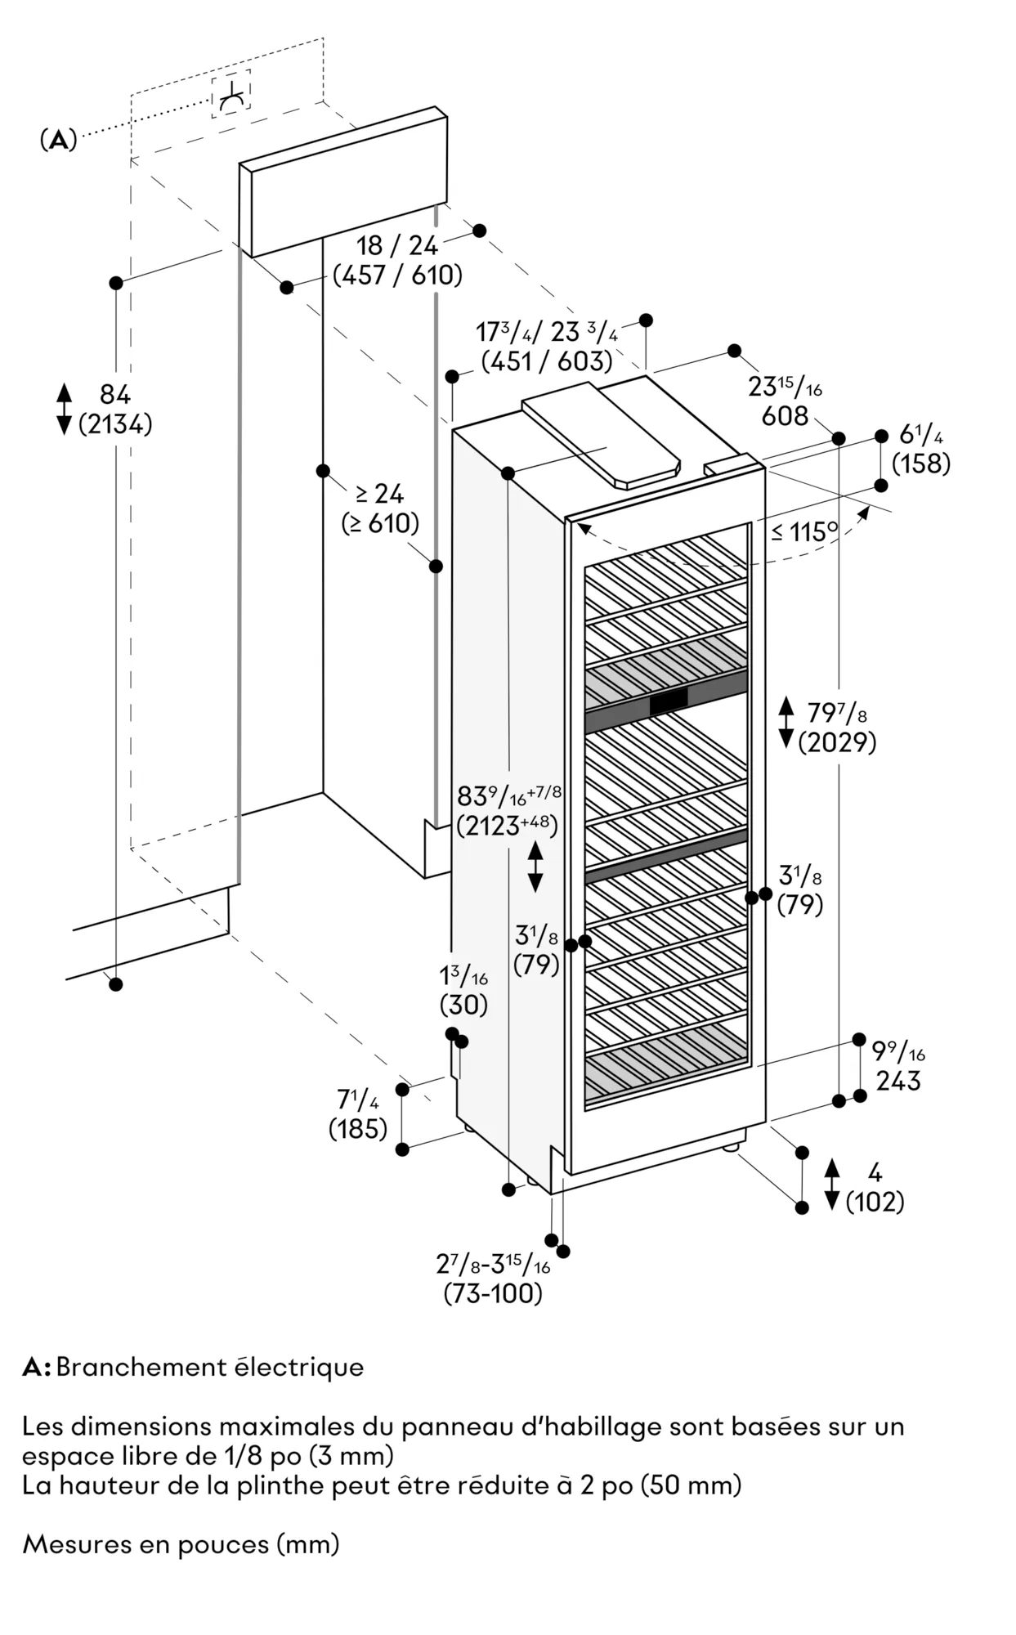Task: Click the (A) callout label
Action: [59, 140]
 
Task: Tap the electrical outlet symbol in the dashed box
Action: [232, 98]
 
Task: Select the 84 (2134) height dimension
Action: [115, 410]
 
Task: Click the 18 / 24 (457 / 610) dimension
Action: [397, 260]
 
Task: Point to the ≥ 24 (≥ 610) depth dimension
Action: [380, 508]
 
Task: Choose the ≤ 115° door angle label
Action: [805, 532]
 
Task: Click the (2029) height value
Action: [837, 742]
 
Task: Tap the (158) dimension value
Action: [921, 464]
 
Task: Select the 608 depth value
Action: [785, 416]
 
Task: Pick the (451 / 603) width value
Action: [547, 361]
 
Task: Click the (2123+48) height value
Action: [508, 826]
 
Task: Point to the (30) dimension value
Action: [463, 1005]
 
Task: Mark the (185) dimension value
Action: [358, 1129]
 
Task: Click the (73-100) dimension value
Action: [493, 1293]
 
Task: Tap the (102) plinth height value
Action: [875, 1202]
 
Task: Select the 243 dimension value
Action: [898, 1081]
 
